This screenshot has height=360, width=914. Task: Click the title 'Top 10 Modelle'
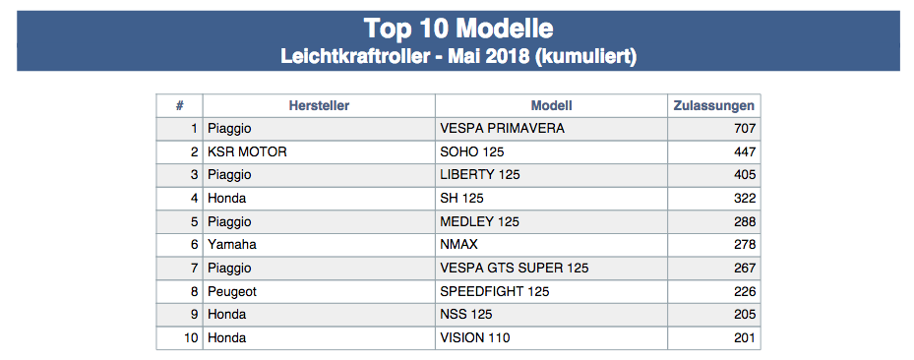(458, 28)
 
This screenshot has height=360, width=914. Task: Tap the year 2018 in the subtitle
(507, 56)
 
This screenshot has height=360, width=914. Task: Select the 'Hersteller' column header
(319, 105)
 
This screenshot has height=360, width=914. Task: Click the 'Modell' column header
(551, 105)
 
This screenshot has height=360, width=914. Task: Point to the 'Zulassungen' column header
(714, 106)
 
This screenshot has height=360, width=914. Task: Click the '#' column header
(179, 105)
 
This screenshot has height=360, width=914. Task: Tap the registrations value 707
(745, 129)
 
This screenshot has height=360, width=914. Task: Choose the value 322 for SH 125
(745, 198)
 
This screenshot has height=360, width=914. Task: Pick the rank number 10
(191, 337)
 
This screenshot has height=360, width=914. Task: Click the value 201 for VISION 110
(745, 337)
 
